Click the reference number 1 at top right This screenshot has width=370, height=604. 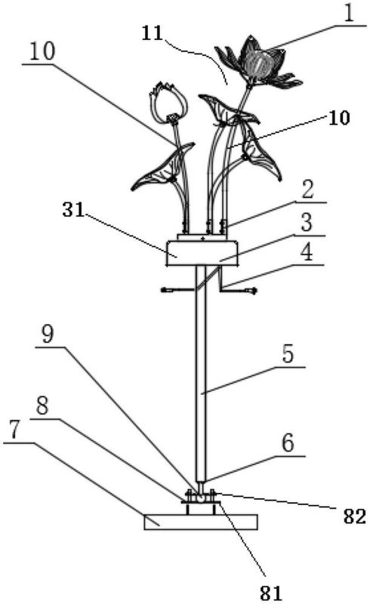click(348, 14)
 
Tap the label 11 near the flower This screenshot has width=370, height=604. click(153, 33)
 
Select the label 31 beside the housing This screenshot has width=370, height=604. click(73, 210)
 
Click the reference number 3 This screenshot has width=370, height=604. click(307, 223)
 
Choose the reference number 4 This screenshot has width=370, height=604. click(307, 253)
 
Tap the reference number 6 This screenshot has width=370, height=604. click(288, 443)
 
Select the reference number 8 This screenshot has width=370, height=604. click(42, 406)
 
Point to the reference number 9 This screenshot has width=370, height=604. click(48, 335)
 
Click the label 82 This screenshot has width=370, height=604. click(354, 517)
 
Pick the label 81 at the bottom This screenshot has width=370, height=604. click(271, 593)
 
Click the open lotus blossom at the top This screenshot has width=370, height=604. click(258, 63)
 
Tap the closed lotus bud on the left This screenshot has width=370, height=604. click(168, 102)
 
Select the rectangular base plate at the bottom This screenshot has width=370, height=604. click(201, 522)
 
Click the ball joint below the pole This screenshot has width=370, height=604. click(200, 498)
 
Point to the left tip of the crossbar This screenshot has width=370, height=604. click(162, 289)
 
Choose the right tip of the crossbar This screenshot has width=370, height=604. click(255, 291)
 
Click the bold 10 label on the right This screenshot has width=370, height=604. click(339, 118)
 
